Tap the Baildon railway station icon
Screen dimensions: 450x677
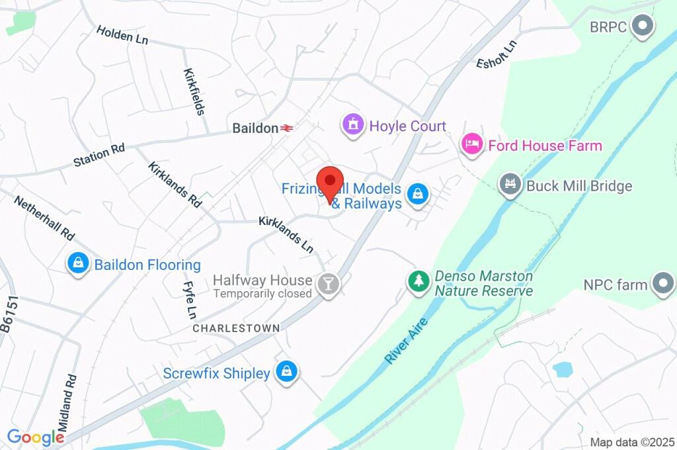(x=287, y=128)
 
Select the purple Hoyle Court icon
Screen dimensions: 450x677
(x=353, y=124)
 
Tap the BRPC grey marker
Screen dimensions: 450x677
(x=642, y=26)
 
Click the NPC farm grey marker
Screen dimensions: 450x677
(x=661, y=284)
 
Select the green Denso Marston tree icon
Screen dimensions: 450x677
(x=418, y=281)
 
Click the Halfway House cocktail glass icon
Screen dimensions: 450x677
(x=327, y=285)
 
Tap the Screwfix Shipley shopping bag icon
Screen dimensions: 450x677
(x=286, y=372)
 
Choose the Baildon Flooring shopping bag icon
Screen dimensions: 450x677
(x=78, y=264)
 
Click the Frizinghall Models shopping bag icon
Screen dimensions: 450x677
(x=418, y=195)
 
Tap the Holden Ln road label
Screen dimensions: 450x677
(x=122, y=35)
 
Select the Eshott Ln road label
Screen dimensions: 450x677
(x=497, y=54)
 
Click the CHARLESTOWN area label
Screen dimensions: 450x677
(x=236, y=328)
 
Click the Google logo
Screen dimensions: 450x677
(x=36, y=437)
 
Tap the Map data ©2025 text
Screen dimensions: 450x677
(x=632, y=442)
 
